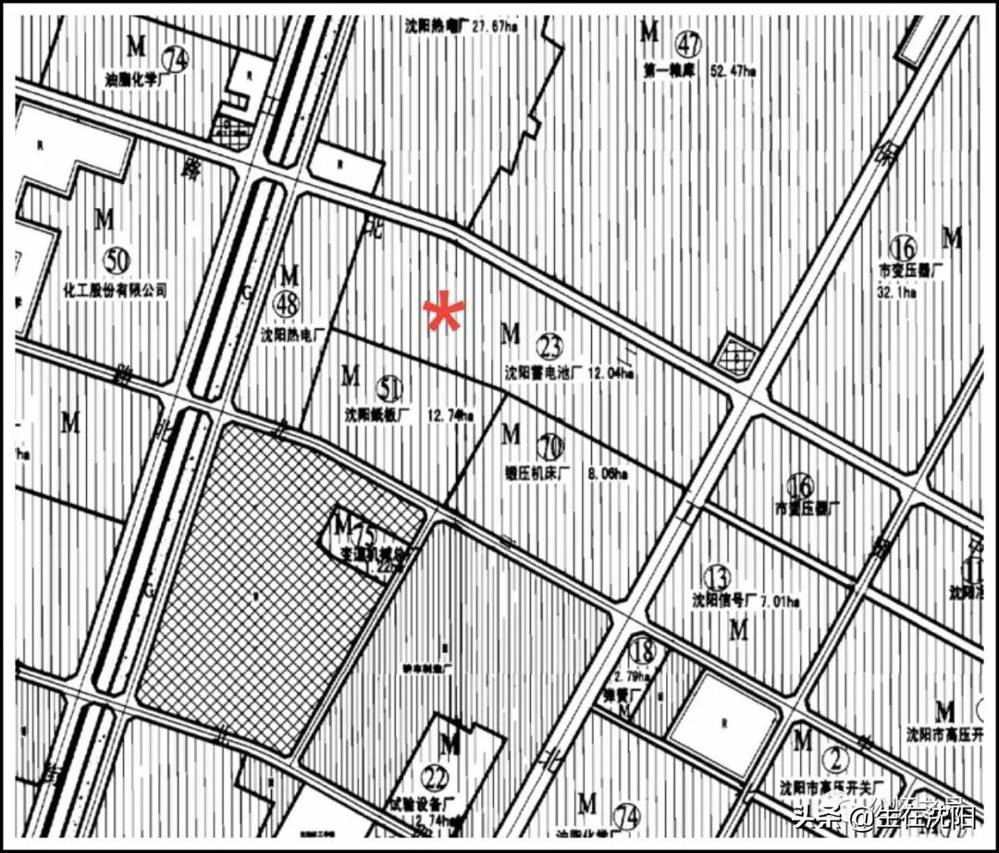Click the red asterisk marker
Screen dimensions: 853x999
point(444,314)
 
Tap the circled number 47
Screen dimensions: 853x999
point(687,44)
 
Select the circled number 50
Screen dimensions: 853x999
point(117,261)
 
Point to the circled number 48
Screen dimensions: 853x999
point(286,302)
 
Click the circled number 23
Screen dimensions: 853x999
point(549,347)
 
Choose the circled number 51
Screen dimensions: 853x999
point(390,387)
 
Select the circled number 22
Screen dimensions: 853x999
point(433,774)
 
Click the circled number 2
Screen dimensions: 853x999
point(836,761)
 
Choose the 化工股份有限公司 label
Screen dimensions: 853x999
point(115,289)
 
